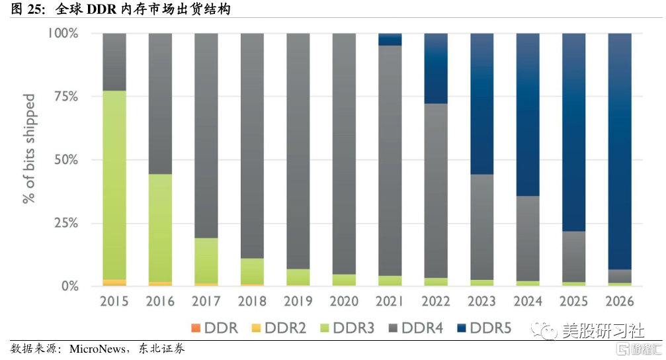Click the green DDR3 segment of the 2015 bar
pyautogui.click(x=114, y=185)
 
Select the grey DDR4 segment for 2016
pyautogui.click(x=160, y=103)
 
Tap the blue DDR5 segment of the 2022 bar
pyautogui.click(x=436, y=68)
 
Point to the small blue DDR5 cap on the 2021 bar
pyautogui.click(x=390, y=39)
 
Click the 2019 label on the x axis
pyautogui.click(x=298, y=302)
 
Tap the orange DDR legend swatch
pyautogui.click(x=194, y=328)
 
